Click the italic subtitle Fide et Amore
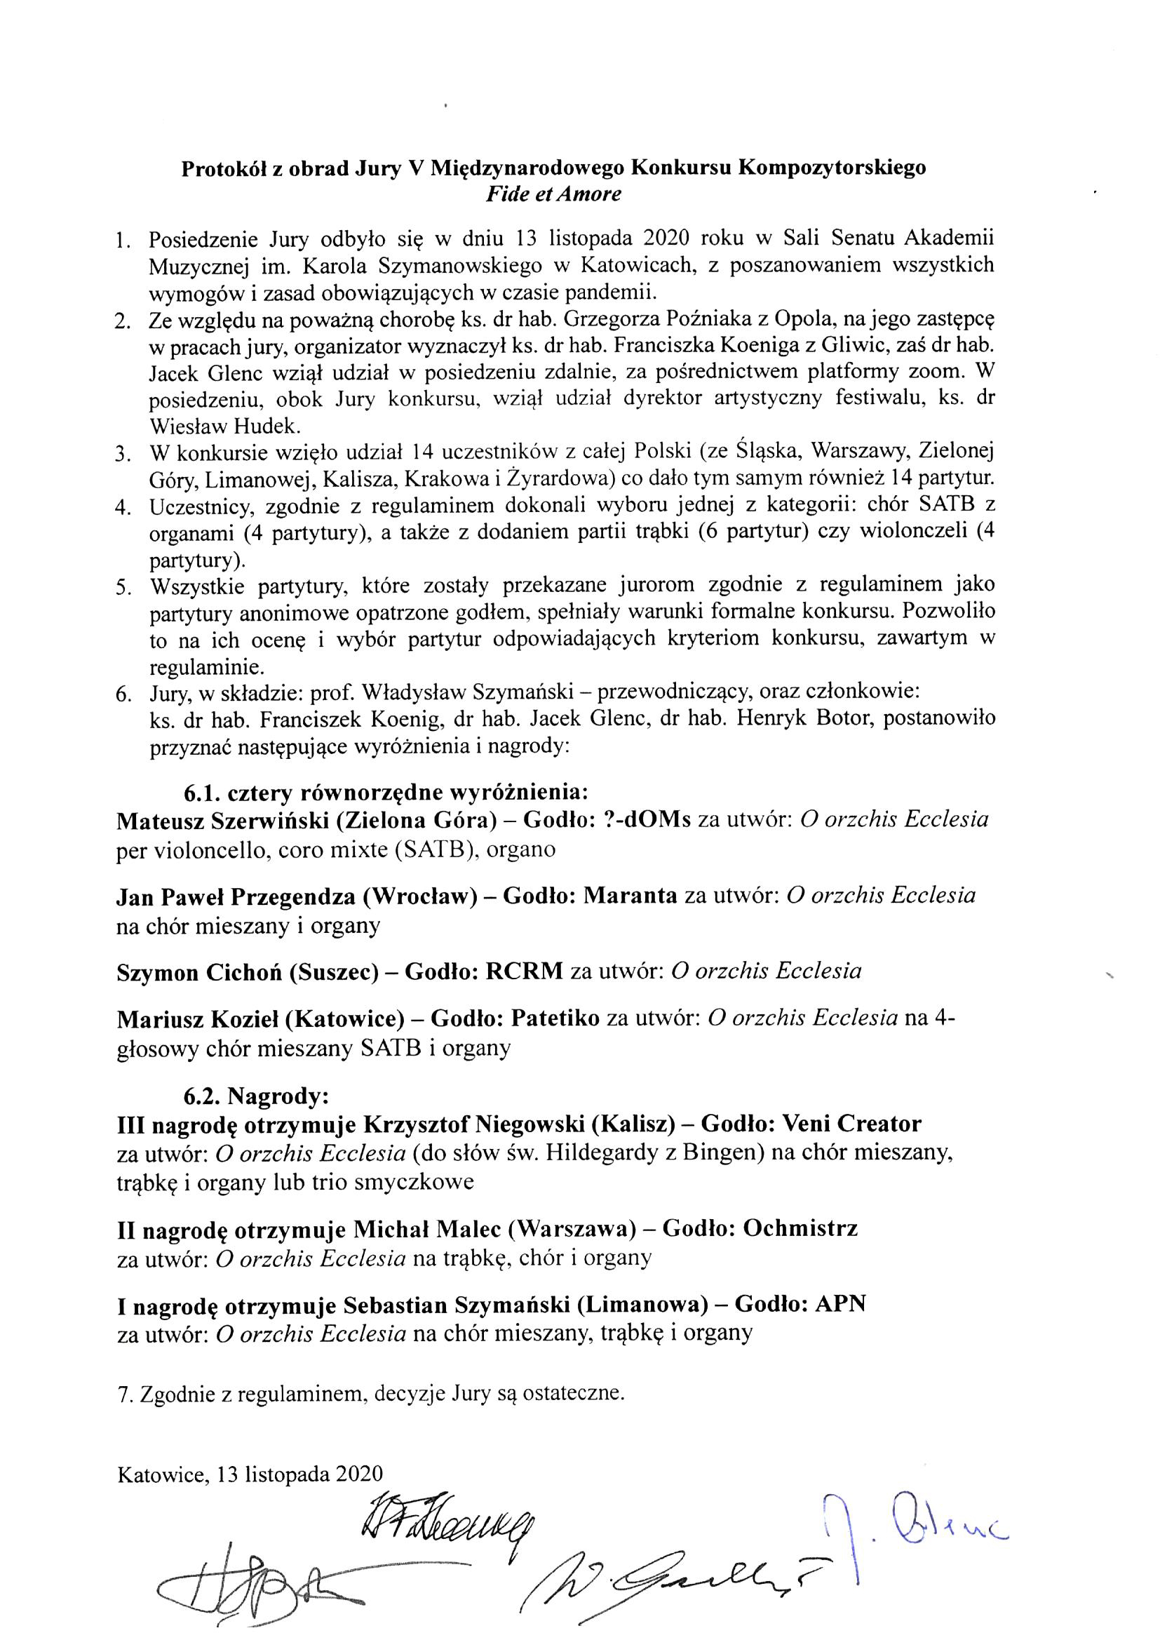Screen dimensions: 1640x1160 [553, 194]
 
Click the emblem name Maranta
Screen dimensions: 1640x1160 [630, 896]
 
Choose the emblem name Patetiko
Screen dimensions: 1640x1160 [555, 1019]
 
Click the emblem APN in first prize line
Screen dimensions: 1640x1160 [841, 1303]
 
